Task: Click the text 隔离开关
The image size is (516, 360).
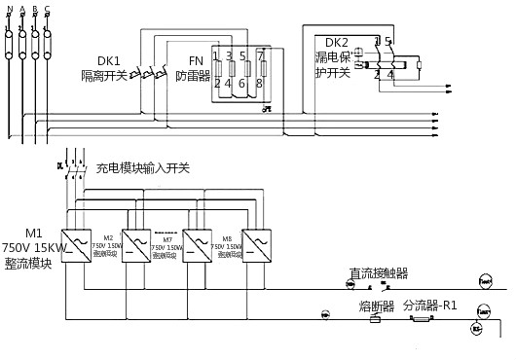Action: [x=105, y=74]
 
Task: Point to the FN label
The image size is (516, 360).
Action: [x=195, y=59]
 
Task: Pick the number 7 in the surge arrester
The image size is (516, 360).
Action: [x=261, y=56]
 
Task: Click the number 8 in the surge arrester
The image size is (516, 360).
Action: [x=261, y=84]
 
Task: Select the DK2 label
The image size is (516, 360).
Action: [x=336, y=43]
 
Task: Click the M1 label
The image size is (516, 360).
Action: [x=34, y=233]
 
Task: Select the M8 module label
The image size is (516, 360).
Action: [x=226, y=237]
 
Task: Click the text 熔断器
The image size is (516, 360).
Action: [x=375, y=306]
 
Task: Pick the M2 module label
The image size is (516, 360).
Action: [x=109, y=237]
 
